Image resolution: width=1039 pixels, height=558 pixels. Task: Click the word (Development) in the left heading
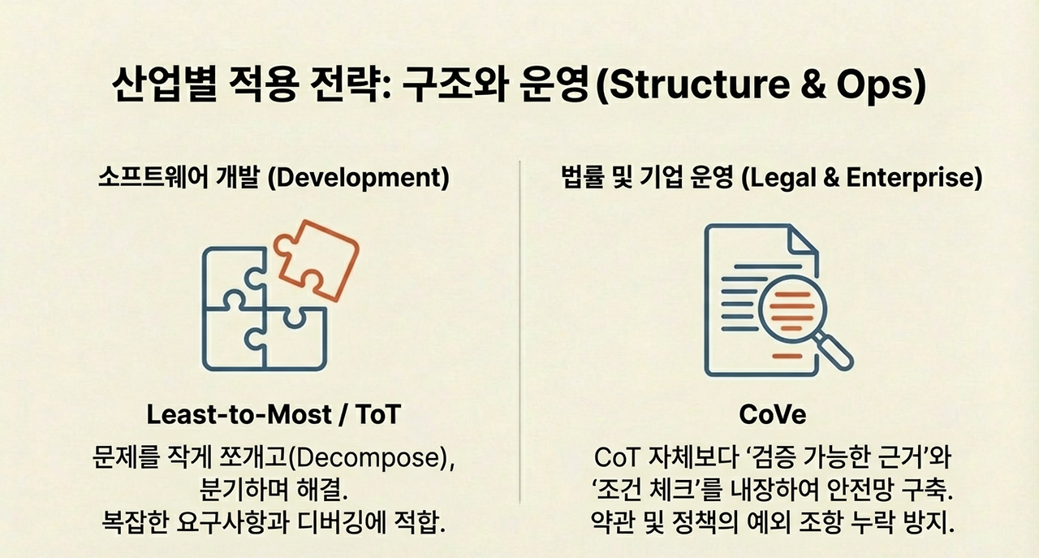pyautogui.click(x=359, y=178)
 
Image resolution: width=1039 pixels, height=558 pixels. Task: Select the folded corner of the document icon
pyautogui.click(x=804, y=240)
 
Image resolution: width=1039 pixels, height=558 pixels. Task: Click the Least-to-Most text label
pyautogui.click(x=239, y=414)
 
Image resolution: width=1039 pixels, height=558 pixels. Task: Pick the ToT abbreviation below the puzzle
pyautogui.click(x=377, y=414)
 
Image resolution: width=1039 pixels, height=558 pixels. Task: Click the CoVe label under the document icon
pyautogui.click(x=773, y=414)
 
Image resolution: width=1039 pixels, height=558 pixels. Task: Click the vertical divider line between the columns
pyautogui.click(x=519, y=331)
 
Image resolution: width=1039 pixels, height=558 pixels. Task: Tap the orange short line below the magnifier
pyautogui.click(x=787, y=357)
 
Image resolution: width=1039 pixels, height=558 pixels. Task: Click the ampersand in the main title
pyautogui.click(x=813, y=85)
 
